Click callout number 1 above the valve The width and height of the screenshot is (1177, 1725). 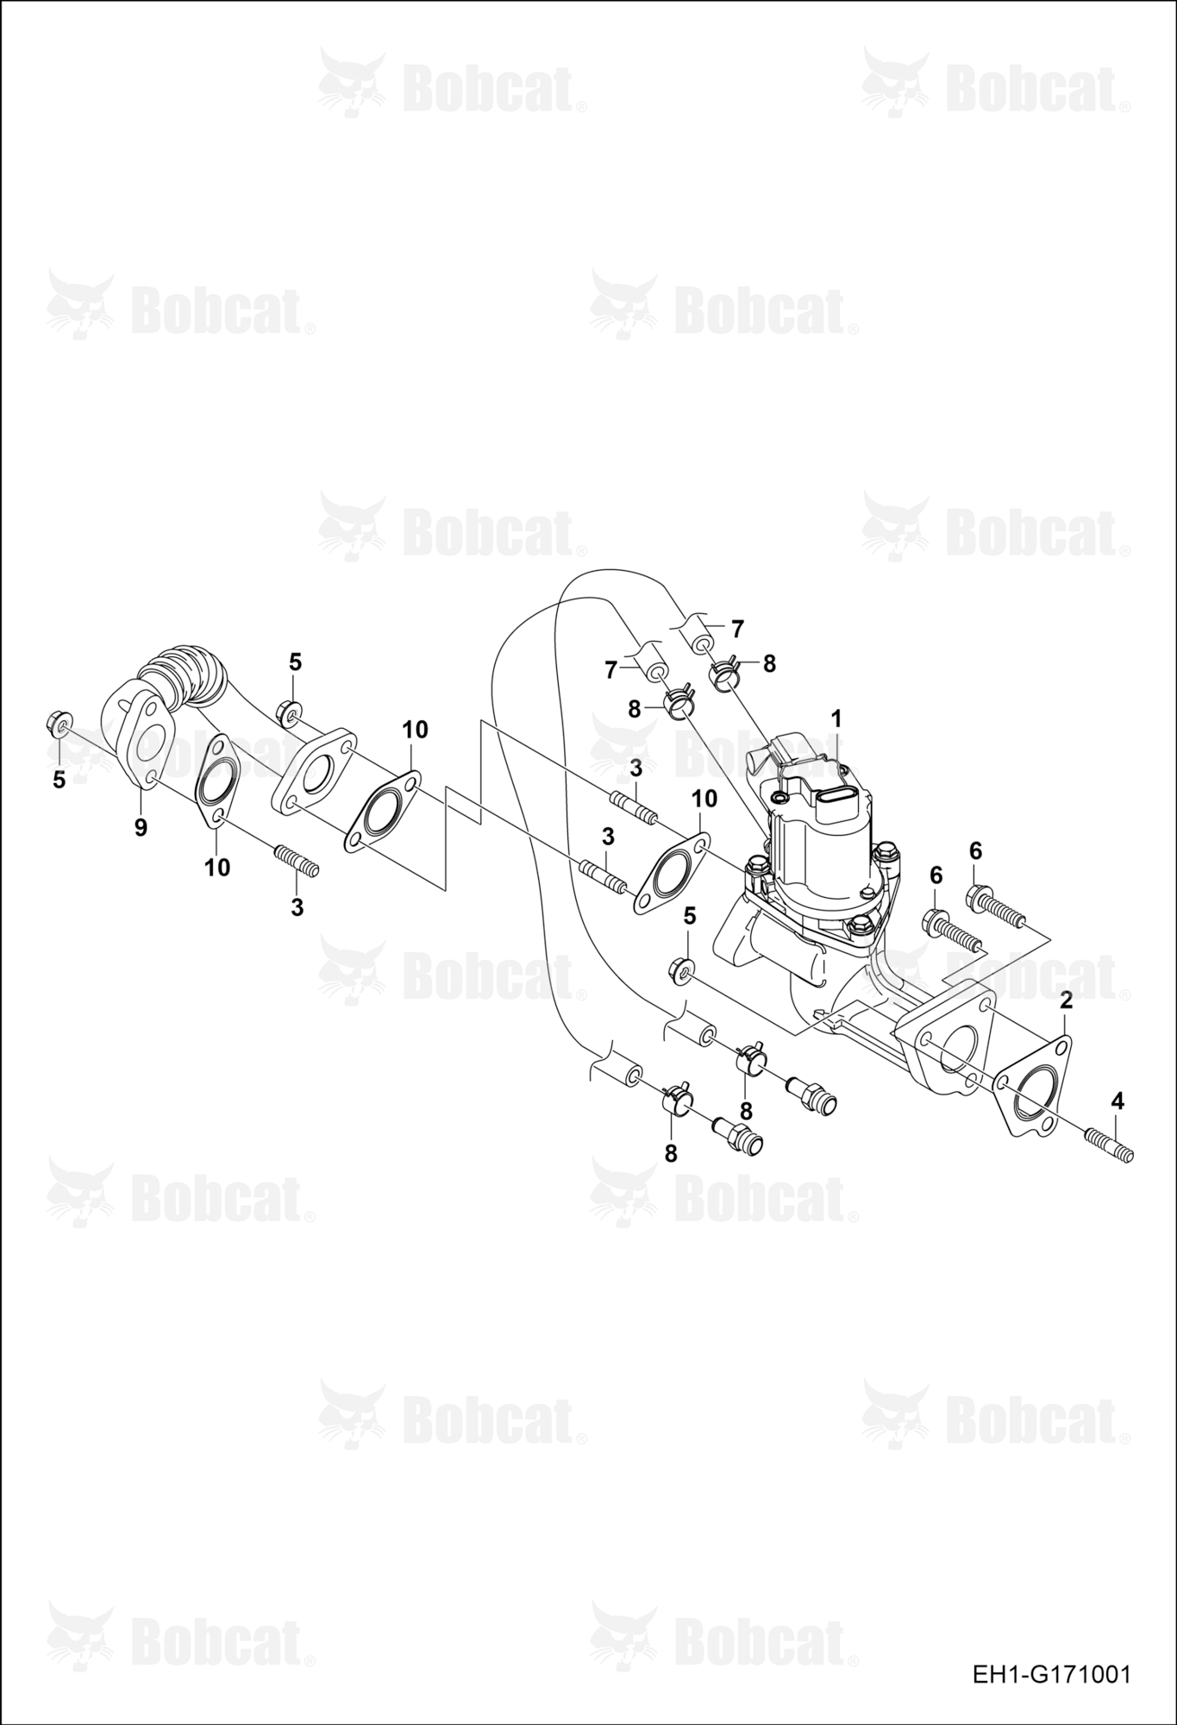click(x=836, y=718)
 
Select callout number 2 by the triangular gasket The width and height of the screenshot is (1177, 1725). click(x=1067, y=1000)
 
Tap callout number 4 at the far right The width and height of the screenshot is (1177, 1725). click(x=1118, y=1101)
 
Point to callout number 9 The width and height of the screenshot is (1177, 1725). click(x=141, y=828)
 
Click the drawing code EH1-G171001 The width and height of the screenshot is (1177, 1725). click(x=1051, y=1675)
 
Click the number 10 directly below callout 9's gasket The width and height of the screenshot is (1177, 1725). click(x=217, y=867)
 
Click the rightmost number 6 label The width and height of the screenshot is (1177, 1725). click(x=975, y=851)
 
